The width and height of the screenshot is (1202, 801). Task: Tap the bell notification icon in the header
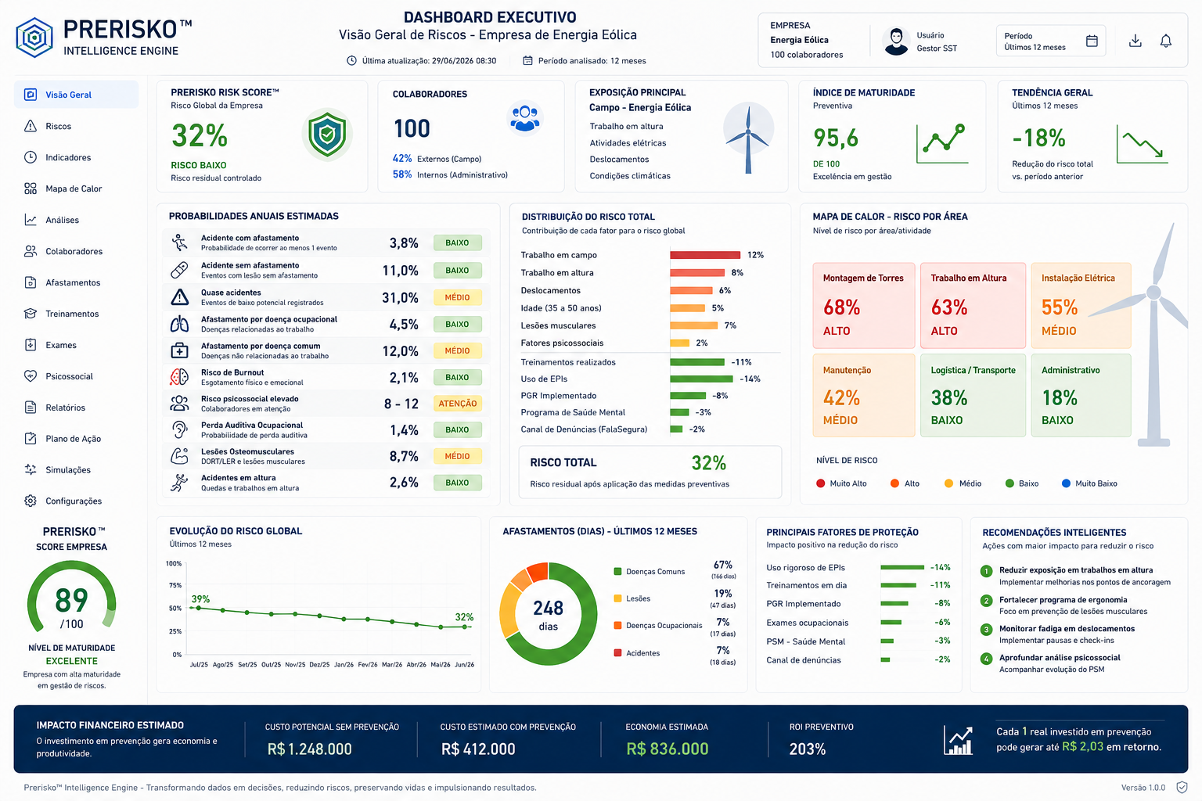pos(1165,41)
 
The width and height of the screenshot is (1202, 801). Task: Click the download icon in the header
pos(1135,41)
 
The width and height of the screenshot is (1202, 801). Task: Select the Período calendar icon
pos(1092,41)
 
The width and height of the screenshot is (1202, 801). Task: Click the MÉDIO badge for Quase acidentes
pos(457,297)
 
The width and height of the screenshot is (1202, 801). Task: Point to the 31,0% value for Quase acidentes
pos(400,298)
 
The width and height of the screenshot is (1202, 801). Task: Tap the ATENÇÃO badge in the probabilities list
pos(457,404)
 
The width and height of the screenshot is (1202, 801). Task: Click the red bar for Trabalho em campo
pos(705,255)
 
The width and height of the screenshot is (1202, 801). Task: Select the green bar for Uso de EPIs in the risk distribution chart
pos(701,379)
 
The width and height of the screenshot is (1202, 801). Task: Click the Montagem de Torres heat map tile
pos(863,305)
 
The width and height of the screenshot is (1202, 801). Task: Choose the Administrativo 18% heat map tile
pos(1081,395)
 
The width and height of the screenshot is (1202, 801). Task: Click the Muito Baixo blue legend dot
pos(1066,483)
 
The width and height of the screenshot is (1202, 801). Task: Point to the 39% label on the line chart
pos(200,598)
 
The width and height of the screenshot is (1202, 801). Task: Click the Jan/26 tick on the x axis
pos(344,664)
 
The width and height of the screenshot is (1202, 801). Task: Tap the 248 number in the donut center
pos(548,608)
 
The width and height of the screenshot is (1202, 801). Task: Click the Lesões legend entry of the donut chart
pos(632,598)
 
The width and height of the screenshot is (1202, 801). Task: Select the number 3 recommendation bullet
pos(986,630)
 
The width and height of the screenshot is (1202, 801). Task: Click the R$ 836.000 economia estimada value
pos(667,749)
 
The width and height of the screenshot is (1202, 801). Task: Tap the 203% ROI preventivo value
pos(807,749)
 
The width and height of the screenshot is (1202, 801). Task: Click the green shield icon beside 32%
pos(327,134)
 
